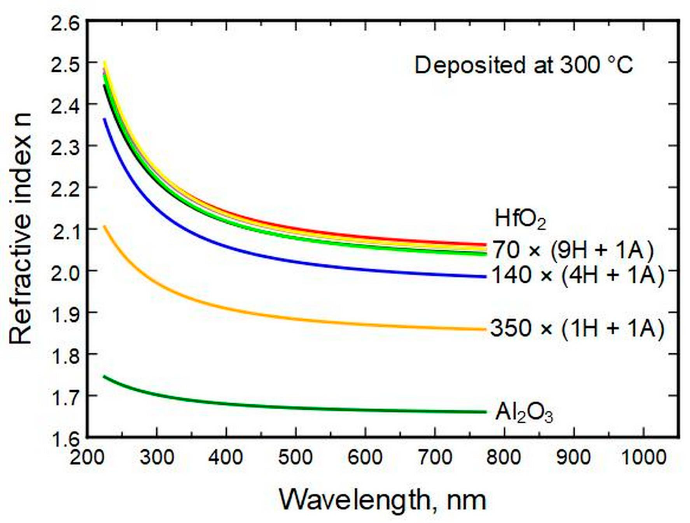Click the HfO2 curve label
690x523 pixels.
click(520, 220)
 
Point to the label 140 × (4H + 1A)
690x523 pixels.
click(578, 276)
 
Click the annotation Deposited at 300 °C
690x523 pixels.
click(524, 66)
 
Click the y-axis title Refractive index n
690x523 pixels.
click(21, 228)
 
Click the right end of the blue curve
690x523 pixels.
click(485, 277)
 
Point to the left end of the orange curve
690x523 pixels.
click(105, 226)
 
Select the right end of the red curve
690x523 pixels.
click(485, 245)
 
